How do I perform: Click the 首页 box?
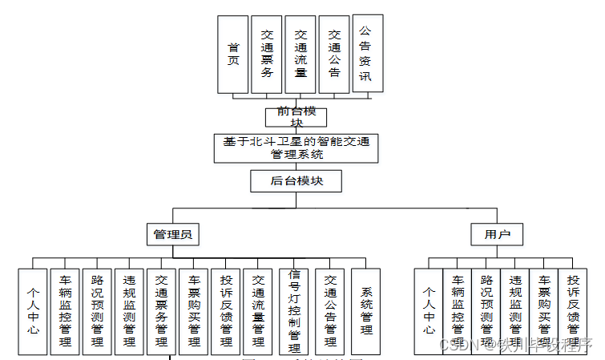[x=233, y=54]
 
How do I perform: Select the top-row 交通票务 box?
[x=266, y=54]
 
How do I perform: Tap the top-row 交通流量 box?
[x=300, y=54]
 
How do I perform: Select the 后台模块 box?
[x=296, y=181]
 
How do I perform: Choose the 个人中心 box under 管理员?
[x=33, y=311]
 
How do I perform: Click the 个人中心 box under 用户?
[x=429, y=311]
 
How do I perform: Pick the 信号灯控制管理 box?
[x=294, y=311]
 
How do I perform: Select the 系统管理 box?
[x=365, y=311]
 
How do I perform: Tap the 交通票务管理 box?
[x=161, y=311]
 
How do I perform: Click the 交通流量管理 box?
[x=257, y=311]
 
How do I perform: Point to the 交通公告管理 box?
[x=329, y=311]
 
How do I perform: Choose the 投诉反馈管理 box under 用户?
[x=573, y=311]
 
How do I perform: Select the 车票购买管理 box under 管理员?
[x=193, y=311]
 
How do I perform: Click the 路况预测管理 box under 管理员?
[x=97, y=311]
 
